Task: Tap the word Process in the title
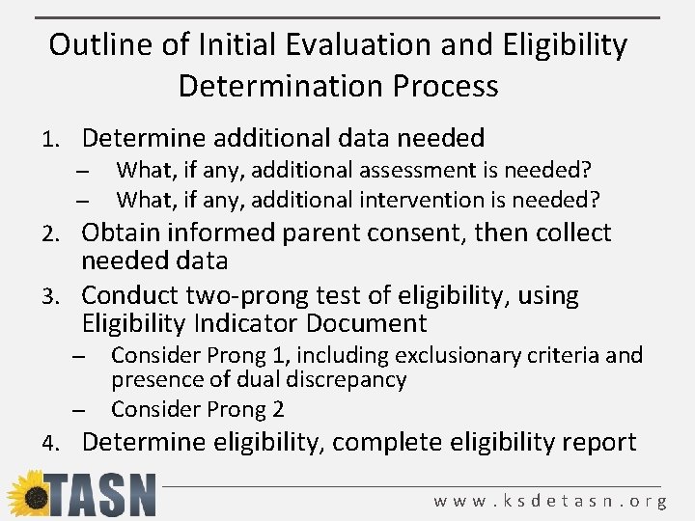[445, 87]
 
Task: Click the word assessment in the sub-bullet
[420, 171]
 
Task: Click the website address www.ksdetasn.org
[550, 501]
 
